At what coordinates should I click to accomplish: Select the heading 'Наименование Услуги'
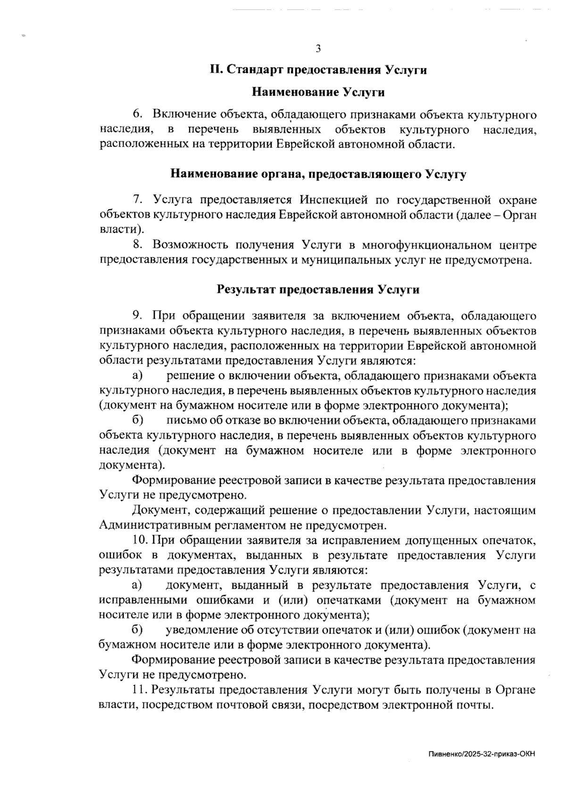tap(318, 92)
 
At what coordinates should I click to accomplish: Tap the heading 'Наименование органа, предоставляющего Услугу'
tap(318, 174)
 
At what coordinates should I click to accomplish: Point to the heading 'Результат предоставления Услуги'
tap(318, 289)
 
